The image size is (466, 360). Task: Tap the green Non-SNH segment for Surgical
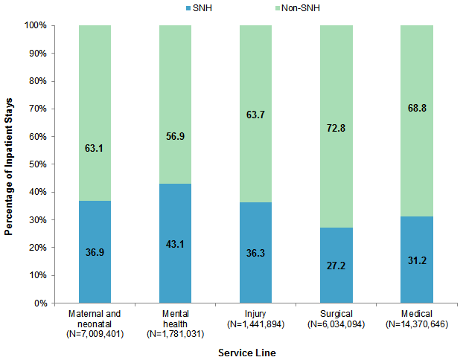[336, 126]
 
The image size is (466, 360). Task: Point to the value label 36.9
[95, 252]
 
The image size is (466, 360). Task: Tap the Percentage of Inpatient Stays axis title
[9, 164]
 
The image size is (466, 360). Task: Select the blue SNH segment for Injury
[255, 253]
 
